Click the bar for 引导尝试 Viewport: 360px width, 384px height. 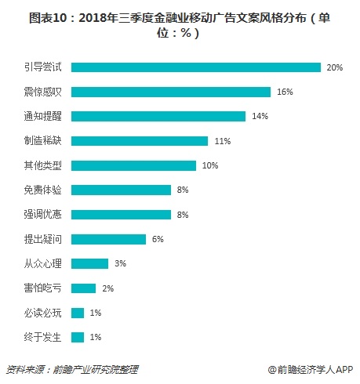pyautogui.click(x=196, y=67)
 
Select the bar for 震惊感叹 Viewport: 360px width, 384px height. pyautogui.click(x=171, y=92)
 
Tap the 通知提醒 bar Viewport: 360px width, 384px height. pyautogui.click(x=158, y=117)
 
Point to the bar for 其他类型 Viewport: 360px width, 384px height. pyautogui.click(x=133, y=165)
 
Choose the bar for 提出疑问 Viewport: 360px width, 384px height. pyautogui.click(x=108, y=239)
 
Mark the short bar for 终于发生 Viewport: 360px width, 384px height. pyautogui.click(x=78, y=337)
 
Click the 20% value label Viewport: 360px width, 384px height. pyautogui.click(x=335, y=67)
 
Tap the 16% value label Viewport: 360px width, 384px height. pyautogui.click(x=285, y=92)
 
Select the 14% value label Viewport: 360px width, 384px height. pyautogui.click(x=260, y=117)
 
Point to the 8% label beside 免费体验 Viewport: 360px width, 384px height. pyautogui.click(x=183, y=190)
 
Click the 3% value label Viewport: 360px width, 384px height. pyautogui.click(x=120, y=263)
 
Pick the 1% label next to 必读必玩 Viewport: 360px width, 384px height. pyautogui.click(x=95, y=313)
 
